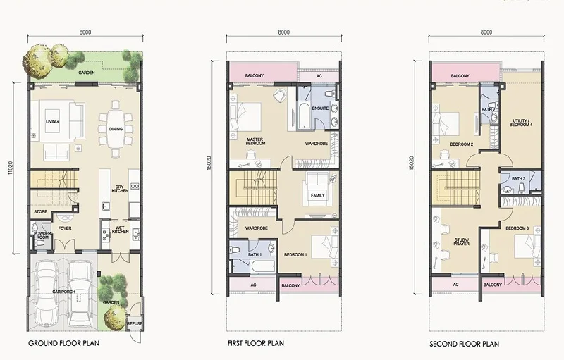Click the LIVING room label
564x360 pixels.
pyautogui.click(x=52, y=121)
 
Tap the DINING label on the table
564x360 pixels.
pyautogui.click(x=116, y=129)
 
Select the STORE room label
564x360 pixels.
pyautogui.click(x=41, y=211)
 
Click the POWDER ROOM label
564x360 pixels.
pyautogui.click(x=42, y=235)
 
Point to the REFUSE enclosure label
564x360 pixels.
pyautogui.click(x=135, y=323)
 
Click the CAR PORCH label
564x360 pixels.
pyautogui.click(x=63, y=292)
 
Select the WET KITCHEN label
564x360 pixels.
pyautogui.click(x=120, y=230)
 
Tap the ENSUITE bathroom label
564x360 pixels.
pyautogui.click(x=320, y=108)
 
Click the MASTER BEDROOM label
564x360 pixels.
pyautogui.click(x=255, y=141)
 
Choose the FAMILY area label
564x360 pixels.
pyautogui.click(x=318, y=195)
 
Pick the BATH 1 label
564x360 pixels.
pyautogui.click(x=255, y=255)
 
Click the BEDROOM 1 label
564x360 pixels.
pyautogui.click(x=295, y=255)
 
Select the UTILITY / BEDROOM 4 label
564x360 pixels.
pyautogui.click(x=520, y=123)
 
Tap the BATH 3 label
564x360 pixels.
pyautogui.click(x=518, y=178)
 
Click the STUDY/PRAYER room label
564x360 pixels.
pyautogui.click(x=461, y=242)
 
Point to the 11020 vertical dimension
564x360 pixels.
pyautogui.click(x=11, y=168)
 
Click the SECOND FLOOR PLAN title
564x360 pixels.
pyautogui.click(x=464, y=344)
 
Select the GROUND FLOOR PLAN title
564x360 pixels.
pyautogui.click(x=63, y=343)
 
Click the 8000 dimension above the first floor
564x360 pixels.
pyautogui.click(x=284, y=32)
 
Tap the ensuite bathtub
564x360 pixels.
pyautogui.click(x=304, y=116)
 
